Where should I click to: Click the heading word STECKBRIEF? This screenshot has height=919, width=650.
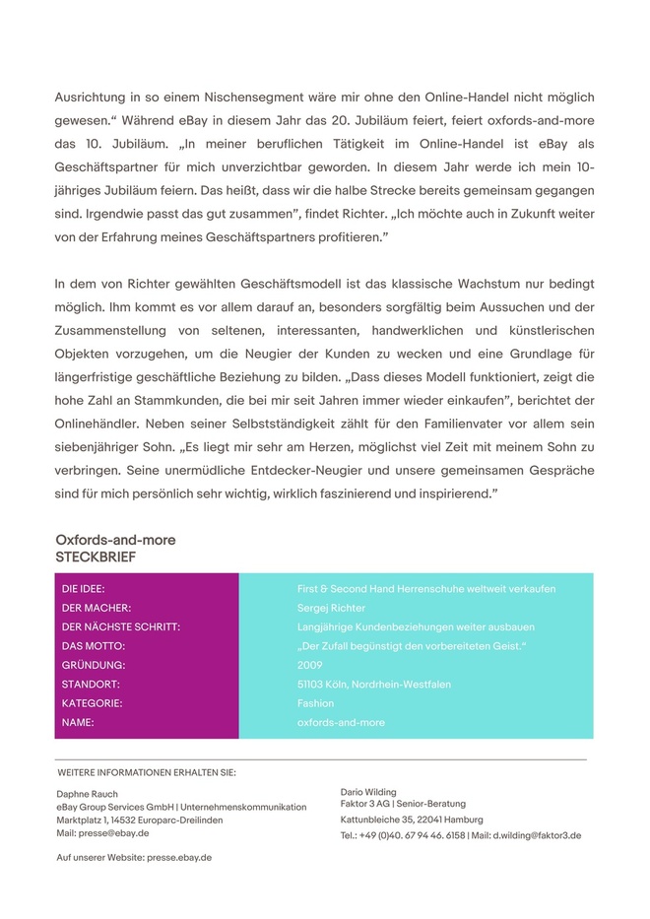point(96,557)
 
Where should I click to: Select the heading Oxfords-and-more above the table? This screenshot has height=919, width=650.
point(115,541)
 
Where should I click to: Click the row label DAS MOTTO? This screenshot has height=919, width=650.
point(94,646)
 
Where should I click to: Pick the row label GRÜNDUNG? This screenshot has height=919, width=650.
point(91,665)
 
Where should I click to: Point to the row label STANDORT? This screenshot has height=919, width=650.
point(91,684)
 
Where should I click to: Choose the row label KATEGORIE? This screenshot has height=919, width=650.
point(92,703)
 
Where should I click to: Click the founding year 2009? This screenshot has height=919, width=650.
point(309,665)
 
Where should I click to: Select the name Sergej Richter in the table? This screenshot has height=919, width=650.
point(332,608)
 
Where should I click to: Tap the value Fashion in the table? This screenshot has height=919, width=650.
point(315,703)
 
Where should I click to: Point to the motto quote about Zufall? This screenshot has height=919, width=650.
point(412,646)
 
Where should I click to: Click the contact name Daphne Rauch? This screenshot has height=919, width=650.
point(87,793)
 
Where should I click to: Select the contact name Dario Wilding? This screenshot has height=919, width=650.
point(368,791)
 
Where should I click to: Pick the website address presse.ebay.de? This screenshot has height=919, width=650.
point(178,857)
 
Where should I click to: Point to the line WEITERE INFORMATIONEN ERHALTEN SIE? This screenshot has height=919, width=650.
point(147,772)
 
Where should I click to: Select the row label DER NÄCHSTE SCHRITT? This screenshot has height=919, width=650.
point(121,626)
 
